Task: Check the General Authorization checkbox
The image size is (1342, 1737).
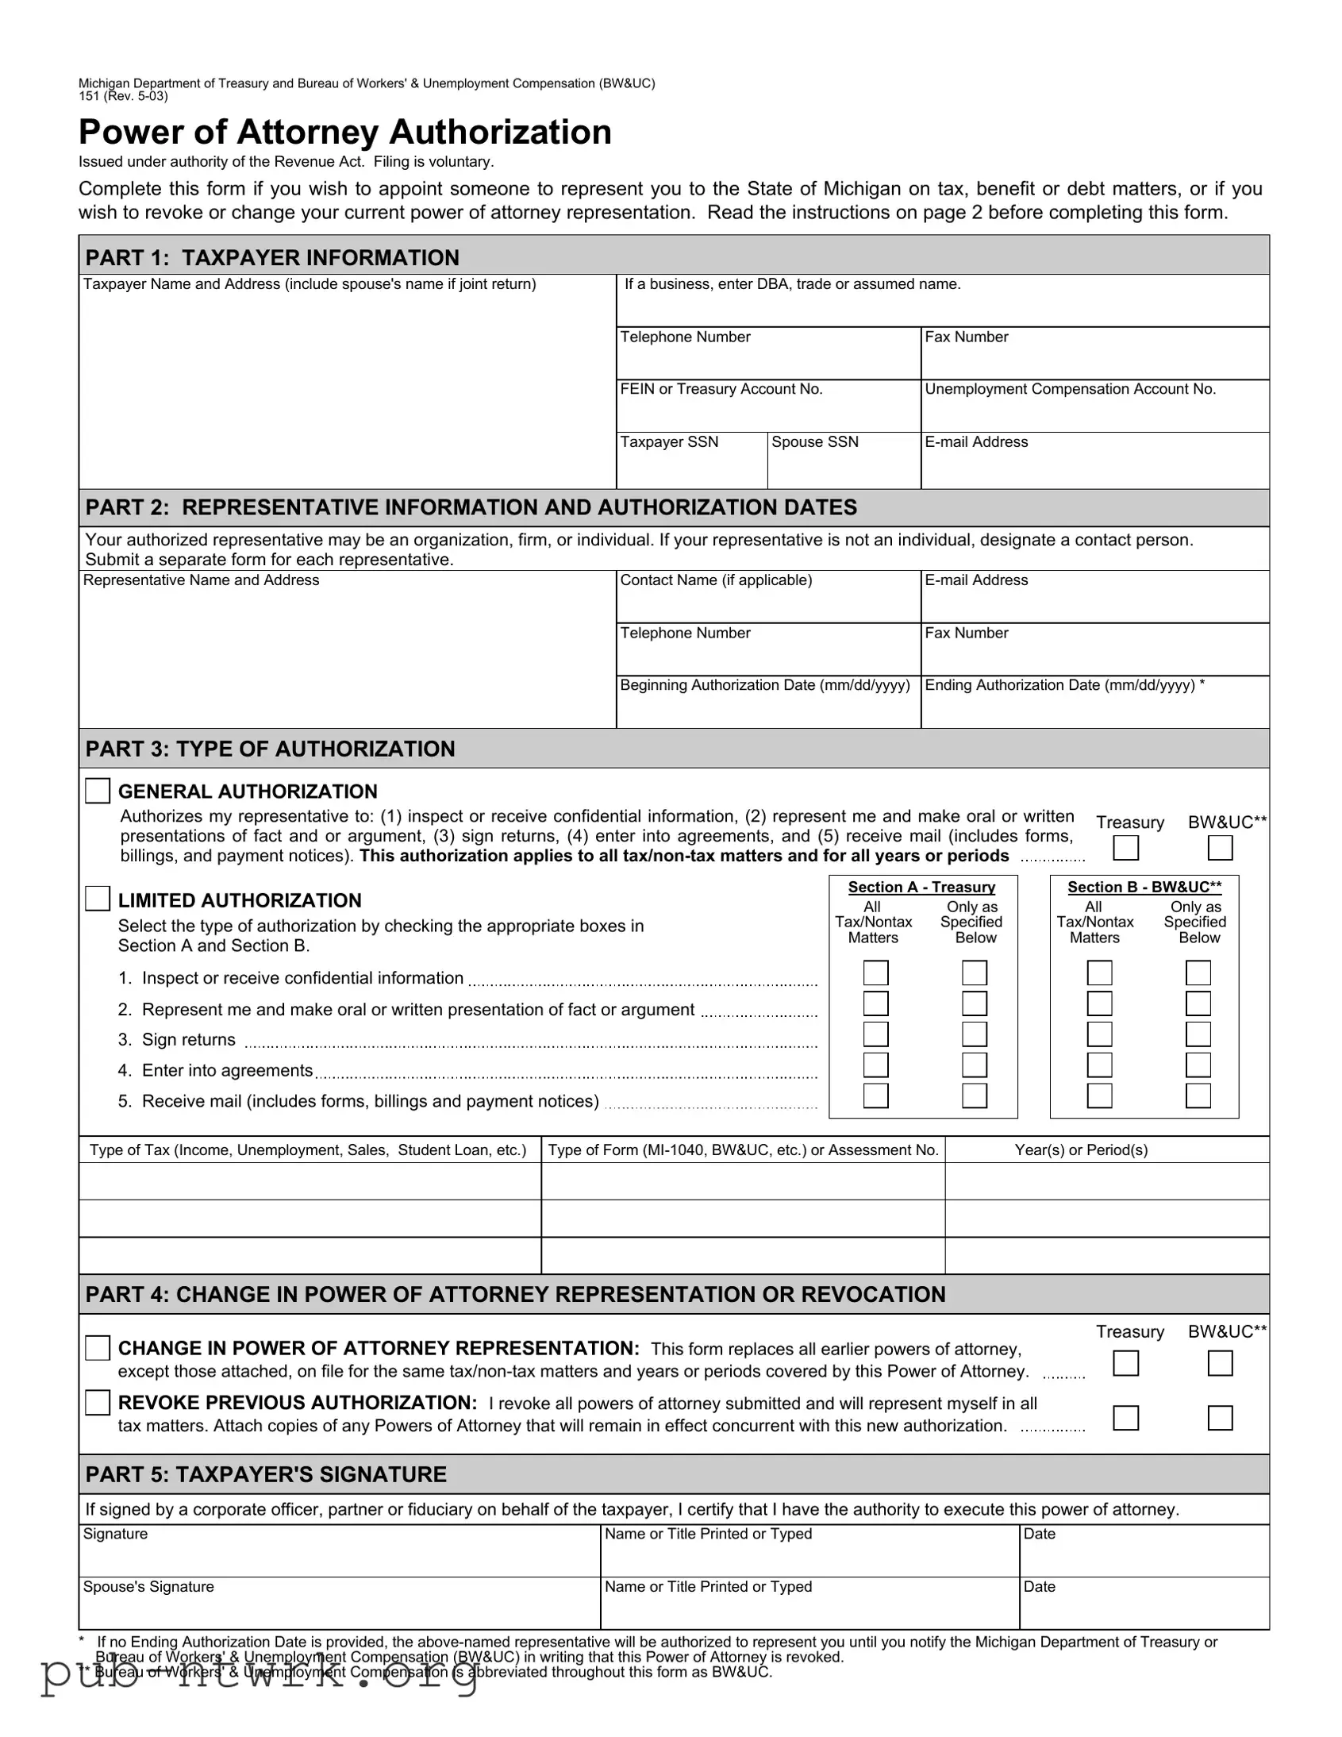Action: pos(97,791)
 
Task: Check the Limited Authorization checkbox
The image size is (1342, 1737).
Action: pos(97,899)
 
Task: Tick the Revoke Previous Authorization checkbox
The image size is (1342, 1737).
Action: pos(97,1402)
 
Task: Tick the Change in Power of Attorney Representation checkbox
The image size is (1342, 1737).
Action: pos(97,1348)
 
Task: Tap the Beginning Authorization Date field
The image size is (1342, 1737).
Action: pos(768,709)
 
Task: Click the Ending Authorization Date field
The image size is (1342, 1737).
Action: pos(1094,709)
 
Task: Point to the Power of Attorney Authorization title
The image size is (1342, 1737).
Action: pos(345,132)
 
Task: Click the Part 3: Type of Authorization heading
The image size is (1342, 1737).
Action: pos(271,749)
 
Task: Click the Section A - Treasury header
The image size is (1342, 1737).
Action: pos(921,887)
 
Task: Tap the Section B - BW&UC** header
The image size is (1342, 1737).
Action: pos(1144,887)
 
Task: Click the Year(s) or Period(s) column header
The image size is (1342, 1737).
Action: pos(1081,1150)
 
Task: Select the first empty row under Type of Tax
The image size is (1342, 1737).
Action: pos(310,1181)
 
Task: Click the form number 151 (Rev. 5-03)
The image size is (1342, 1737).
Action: pos(123,96)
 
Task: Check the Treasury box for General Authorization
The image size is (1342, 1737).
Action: pos(1125,848)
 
